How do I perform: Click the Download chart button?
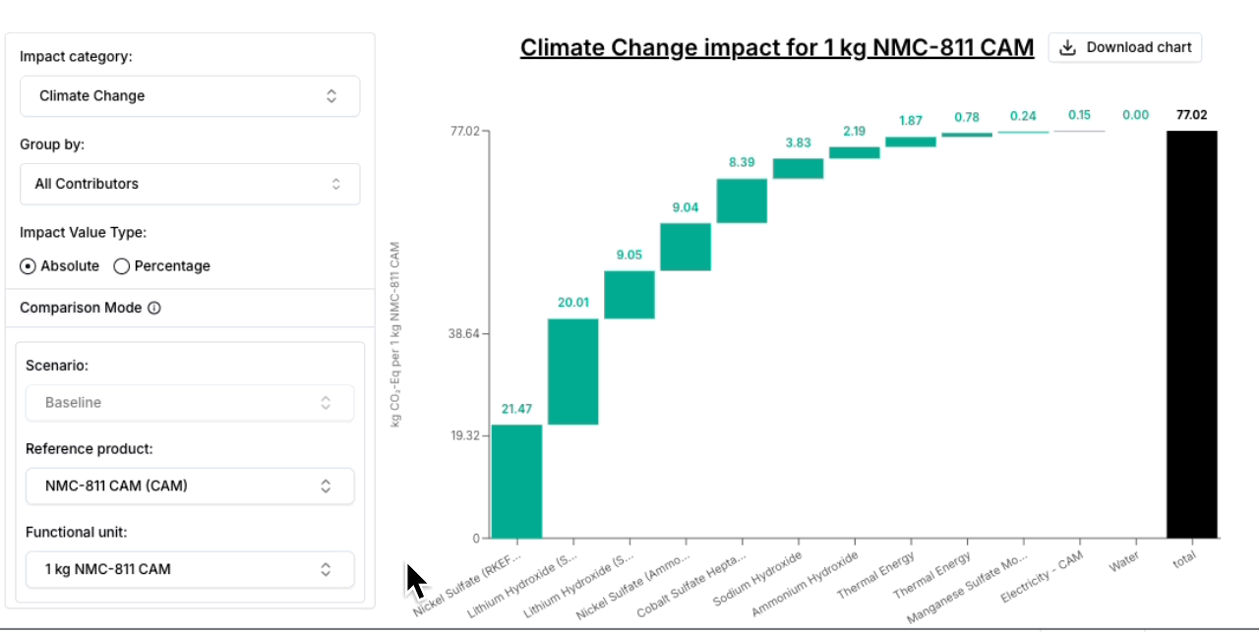(x=1125, y=47)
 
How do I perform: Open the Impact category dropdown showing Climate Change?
(x=190, y=95)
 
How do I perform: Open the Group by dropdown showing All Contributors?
(x=190, y=184)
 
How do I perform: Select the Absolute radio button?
(x=29, y=265)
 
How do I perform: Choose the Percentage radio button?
(x=122, y=265)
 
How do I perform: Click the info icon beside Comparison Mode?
(x=154, y=308)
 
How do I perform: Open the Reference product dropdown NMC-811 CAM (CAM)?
(x=190, y=486)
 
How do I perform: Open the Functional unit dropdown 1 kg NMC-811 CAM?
(x=190, y=569)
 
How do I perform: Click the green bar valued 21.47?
(x=516, y=481)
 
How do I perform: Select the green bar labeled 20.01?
(x=572, y=372)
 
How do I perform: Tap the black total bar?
(x=1192, y=334)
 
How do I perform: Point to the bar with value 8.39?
(x=742, y=201)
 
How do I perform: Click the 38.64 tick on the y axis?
(x=463, y=334)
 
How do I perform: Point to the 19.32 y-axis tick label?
(x=463, y=435)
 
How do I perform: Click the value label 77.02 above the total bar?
(x=1192, y=115)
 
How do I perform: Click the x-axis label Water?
(x=1124, y=565)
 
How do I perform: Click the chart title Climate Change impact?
(x=776, y=47)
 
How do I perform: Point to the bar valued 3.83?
(x=798, y=168)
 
